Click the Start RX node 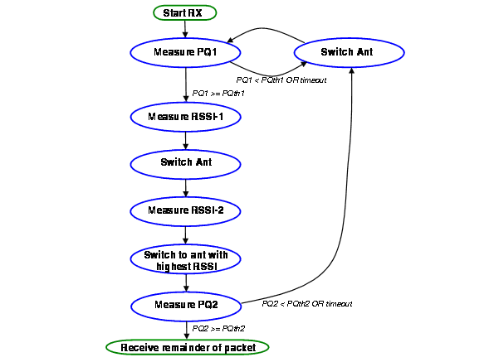tap(185, 12)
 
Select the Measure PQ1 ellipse tap(185, 52)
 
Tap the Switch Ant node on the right tap(350, 52)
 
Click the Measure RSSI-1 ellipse tap(186, 117)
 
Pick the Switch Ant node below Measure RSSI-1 tap(186, 164)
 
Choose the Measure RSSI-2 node tap(185, 211)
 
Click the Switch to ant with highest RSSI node tap(186, 259)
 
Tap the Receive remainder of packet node tap(188, 347)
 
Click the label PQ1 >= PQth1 tap(218, 94)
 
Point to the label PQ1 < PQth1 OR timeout tap(281, 80)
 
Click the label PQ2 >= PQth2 tap(218, 329)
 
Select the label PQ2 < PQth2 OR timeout tap(307, 304)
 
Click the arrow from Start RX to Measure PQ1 tap(185, 29)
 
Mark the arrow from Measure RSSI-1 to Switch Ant tap(186, 140)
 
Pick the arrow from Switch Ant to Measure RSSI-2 tap(186, 188)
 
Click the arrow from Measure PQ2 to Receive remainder tap(187, 331)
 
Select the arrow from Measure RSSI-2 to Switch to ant tap(186, 235)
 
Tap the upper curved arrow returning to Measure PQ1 tap(265, 29)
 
